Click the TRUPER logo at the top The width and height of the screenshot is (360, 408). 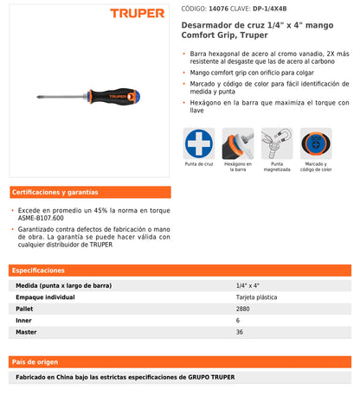(x=138, y=13)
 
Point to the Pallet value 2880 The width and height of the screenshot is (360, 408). (x=243, y=307)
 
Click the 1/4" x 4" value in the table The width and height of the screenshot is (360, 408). (x=248, y=284)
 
